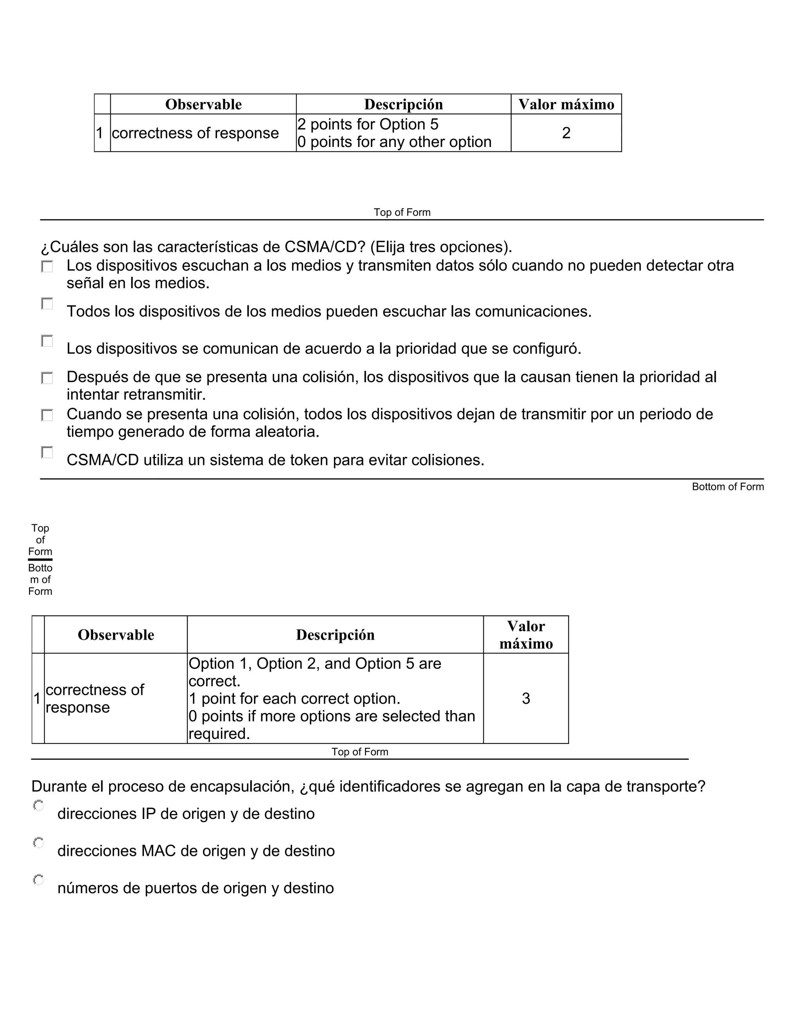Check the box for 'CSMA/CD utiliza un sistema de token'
click(x=47, y=453)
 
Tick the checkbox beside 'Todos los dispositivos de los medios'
click(x=47, y=304)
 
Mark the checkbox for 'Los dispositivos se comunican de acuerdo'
click(x=47, y=341)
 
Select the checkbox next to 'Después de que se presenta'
click(x=47, y=378)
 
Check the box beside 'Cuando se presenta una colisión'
click(x=47, y=416)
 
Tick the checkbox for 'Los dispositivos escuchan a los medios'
click(x=47, y=267)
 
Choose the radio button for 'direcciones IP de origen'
click(x=38, y=805)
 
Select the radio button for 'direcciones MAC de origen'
click(x=38, y=843)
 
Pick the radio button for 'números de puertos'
click(x=38, y=880)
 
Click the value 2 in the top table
click(x=566, y=133)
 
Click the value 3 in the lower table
click(x=526, y=698)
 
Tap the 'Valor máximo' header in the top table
click(x=566, y=104)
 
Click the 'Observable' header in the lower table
click(x=116, y=635)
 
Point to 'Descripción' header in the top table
click(x=403, y=104)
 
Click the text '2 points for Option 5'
click(x=368, y=124)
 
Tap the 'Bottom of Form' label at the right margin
click(x=727, y=487)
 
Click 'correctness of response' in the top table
click(x=195, y=133)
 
